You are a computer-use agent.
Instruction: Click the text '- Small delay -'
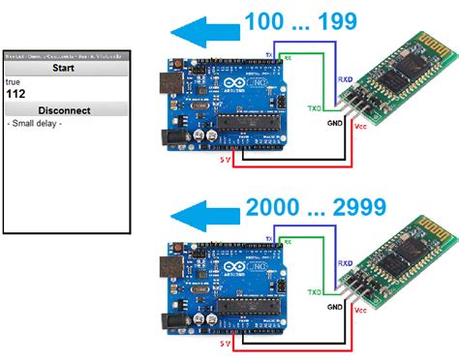coord(35,124)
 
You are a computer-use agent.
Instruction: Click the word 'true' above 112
coord(14,82)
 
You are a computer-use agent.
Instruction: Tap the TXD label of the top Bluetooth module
coord(314,107)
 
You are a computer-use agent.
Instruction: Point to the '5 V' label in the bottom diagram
coord(225,342)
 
